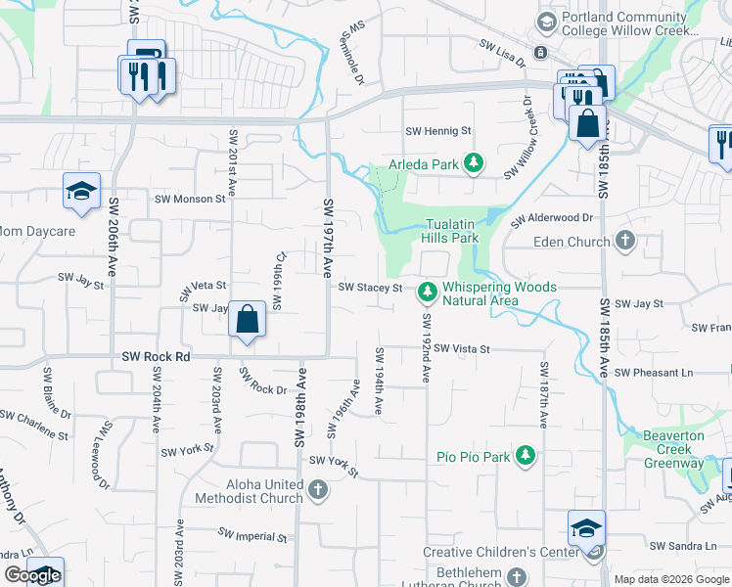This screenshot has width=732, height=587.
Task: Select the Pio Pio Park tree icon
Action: pos(526,456)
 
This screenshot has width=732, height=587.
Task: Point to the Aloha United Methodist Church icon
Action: pos(317,490)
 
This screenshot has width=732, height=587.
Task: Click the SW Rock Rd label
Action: pos(156,357)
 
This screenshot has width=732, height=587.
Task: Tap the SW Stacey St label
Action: pos(371,288)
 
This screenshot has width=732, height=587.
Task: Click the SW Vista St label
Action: pos(462,348)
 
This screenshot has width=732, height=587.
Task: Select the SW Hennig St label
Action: pos(438,130)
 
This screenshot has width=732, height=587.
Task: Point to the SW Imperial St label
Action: pos(252,536)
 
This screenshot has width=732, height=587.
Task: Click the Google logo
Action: pos(32,575)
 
